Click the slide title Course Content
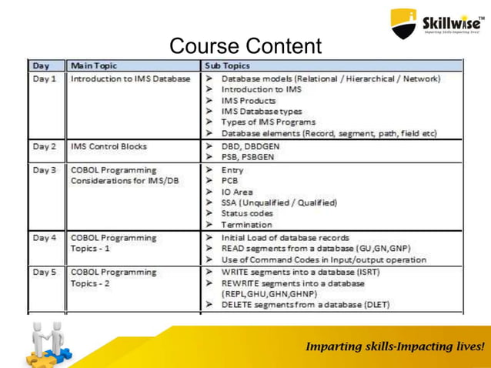point(245,46)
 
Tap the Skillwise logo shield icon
point(403,23)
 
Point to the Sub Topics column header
point(228,65)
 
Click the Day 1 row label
point(44,79)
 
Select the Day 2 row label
point(44,146)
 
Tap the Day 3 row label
point(44,169)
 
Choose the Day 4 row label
point(44,238)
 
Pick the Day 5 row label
point(44,272)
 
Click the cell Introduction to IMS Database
point(130,79)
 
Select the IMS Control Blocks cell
point(109,146)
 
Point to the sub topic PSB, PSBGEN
point(248,156)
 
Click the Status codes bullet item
point(246,213)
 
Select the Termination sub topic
point(246,225)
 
